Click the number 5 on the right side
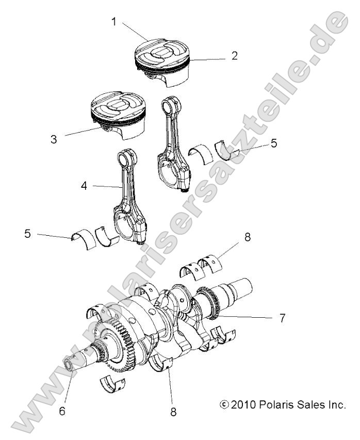pyautogui.click(x=273, y=143)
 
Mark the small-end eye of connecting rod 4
pyautogui.click(x=126, y=156)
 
